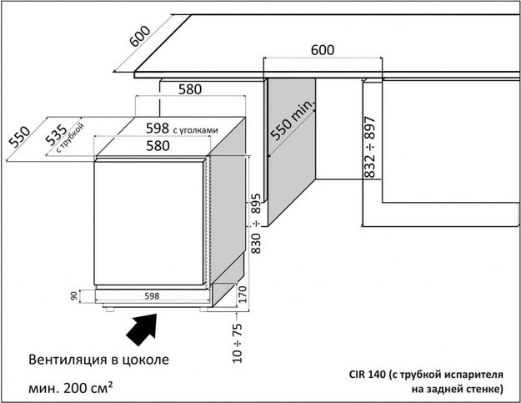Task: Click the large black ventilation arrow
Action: click(143, 329)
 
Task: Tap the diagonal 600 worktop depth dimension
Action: click(140, 36)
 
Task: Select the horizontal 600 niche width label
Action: click(323, 50)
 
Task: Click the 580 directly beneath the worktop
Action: click(190, 89)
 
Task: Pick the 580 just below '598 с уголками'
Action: click(158, 146)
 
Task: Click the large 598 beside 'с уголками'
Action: click(158, 128)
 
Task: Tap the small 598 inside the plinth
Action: click(152, 296)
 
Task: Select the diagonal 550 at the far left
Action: click(19, 136)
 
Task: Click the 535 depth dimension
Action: click(56, 135)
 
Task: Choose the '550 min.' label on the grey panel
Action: click(292, 119)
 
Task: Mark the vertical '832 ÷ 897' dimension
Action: click(369, 147)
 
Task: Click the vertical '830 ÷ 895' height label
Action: click(256, 224)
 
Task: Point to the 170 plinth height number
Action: click(243, 295)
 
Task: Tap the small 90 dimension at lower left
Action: click(73, 295)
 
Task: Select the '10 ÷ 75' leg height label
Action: click(238, 343)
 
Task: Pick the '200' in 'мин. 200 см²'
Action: click(75, 388)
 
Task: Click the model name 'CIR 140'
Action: click(368, 375)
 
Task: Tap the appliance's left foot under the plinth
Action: click(109, 310)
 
